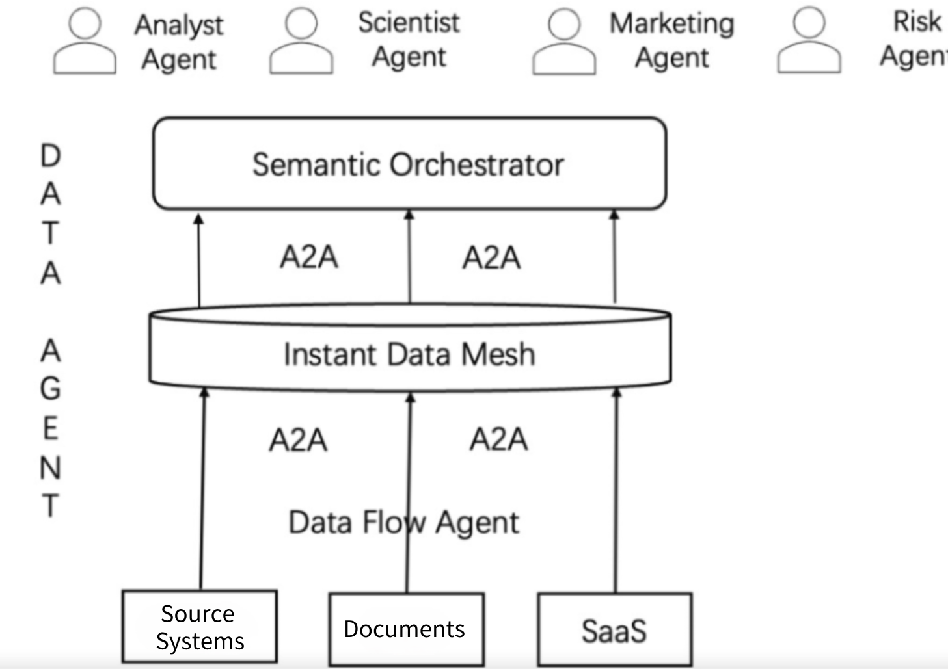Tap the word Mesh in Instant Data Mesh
498,355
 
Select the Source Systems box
200,627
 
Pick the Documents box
406,629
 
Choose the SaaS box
614,630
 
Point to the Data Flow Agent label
403,523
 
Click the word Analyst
179,25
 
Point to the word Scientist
409,23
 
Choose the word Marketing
671,24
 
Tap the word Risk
917,21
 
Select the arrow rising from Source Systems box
202,488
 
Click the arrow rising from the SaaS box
616,488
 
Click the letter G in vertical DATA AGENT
51,389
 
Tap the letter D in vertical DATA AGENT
51,156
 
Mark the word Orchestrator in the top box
476,165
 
